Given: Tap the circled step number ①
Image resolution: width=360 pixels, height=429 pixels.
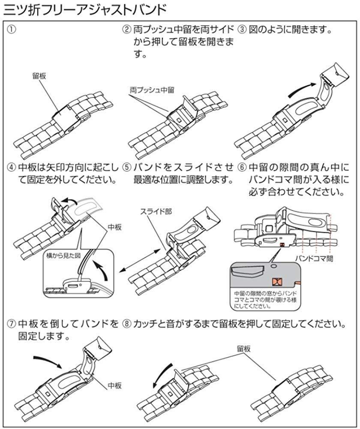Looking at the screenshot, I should (12, 30).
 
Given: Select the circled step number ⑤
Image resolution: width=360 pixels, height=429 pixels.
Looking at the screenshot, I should (126, 167).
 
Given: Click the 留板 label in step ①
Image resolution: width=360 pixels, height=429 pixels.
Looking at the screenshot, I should (39, 76).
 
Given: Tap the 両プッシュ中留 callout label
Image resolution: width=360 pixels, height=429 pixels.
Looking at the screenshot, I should (152, 91).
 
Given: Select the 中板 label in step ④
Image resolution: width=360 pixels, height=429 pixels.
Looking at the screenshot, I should (114, 227).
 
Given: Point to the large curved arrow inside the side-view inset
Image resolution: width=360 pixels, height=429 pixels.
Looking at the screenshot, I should (101, 271).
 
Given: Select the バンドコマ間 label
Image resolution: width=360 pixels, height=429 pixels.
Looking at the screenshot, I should (315, 258).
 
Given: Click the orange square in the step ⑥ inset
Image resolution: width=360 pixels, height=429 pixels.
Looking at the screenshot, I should (276, 281).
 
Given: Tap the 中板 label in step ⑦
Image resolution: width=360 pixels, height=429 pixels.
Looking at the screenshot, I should (114, 386).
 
